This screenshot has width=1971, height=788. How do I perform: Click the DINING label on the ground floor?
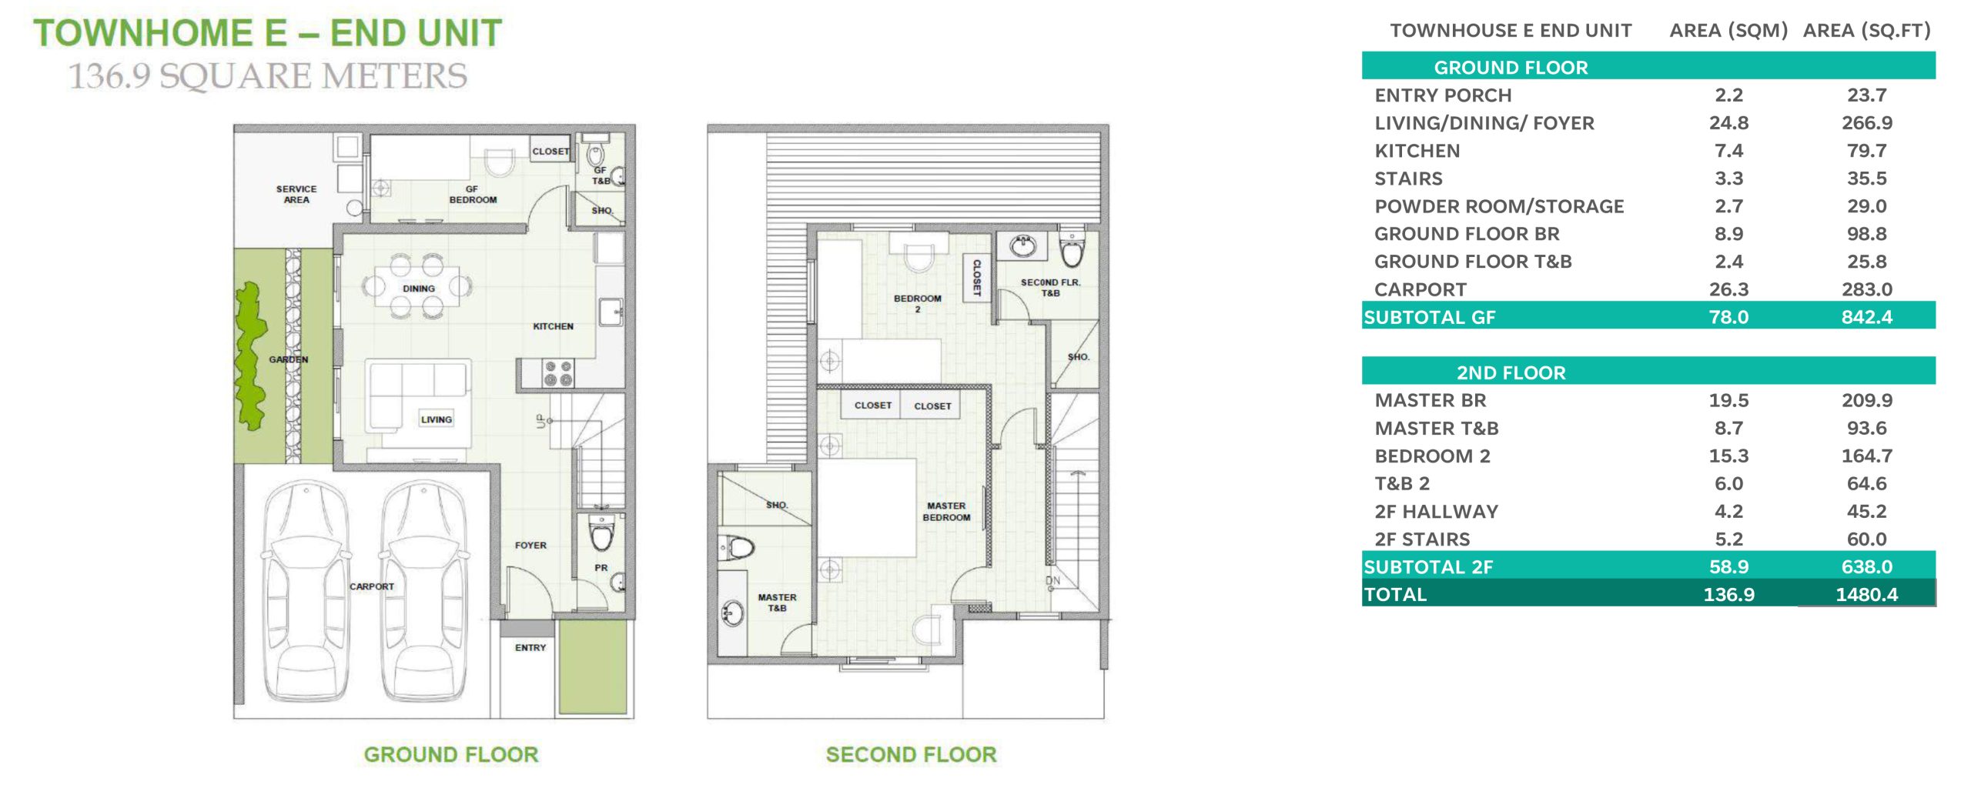[419, 289]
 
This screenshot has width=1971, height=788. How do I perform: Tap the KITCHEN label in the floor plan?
[553, 326]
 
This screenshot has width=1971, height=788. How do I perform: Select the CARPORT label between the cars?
[372, 586]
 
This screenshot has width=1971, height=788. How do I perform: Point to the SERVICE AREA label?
[296, 194]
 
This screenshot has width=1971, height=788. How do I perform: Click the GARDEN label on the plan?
[289, 359]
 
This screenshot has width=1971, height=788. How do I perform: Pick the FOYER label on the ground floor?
[530, 545]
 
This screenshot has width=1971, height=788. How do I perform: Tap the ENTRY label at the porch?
[530, 648]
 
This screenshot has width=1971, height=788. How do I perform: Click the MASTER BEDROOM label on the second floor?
[946, 512]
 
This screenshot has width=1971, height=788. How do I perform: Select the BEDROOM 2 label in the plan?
[918, 303]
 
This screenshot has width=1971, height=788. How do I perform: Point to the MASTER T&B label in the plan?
[777, 603]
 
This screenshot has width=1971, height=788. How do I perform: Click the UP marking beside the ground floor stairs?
[541, 421]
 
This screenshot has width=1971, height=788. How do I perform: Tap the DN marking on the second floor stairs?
[1052, 580]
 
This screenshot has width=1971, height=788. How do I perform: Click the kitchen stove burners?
[558, 372]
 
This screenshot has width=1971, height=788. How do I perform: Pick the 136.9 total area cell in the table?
[1728, 594]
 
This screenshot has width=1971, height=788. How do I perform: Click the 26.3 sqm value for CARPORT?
[1728, 289]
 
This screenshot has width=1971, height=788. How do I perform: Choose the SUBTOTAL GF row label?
[1429, 317]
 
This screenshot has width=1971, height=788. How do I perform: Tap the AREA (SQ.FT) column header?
[1866, 31]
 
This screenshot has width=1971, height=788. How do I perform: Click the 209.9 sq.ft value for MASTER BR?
[1866, 400]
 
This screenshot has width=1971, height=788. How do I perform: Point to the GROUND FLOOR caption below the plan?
[451, 754]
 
